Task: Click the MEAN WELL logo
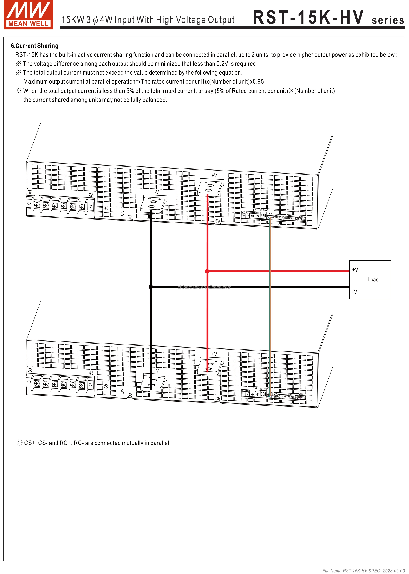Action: pyautogui.click(x=28, y=15)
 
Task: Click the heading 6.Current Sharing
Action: pyautogui.click(x=34, y=46)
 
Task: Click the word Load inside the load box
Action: pyautogui.click(x=373, y=279)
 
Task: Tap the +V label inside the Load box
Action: pyautogui.click(x=355, y=270)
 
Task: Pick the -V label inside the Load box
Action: pyautogui.click(x=354, y=292)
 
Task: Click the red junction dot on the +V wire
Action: pyautogui.click(x=207, y=271)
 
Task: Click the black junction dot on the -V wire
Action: pyautogui.click(x=151, y=287)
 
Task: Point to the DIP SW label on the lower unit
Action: pyautogui.click(x=264, y=389)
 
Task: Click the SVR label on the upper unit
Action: pyautogui.click(x=255, y=210)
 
